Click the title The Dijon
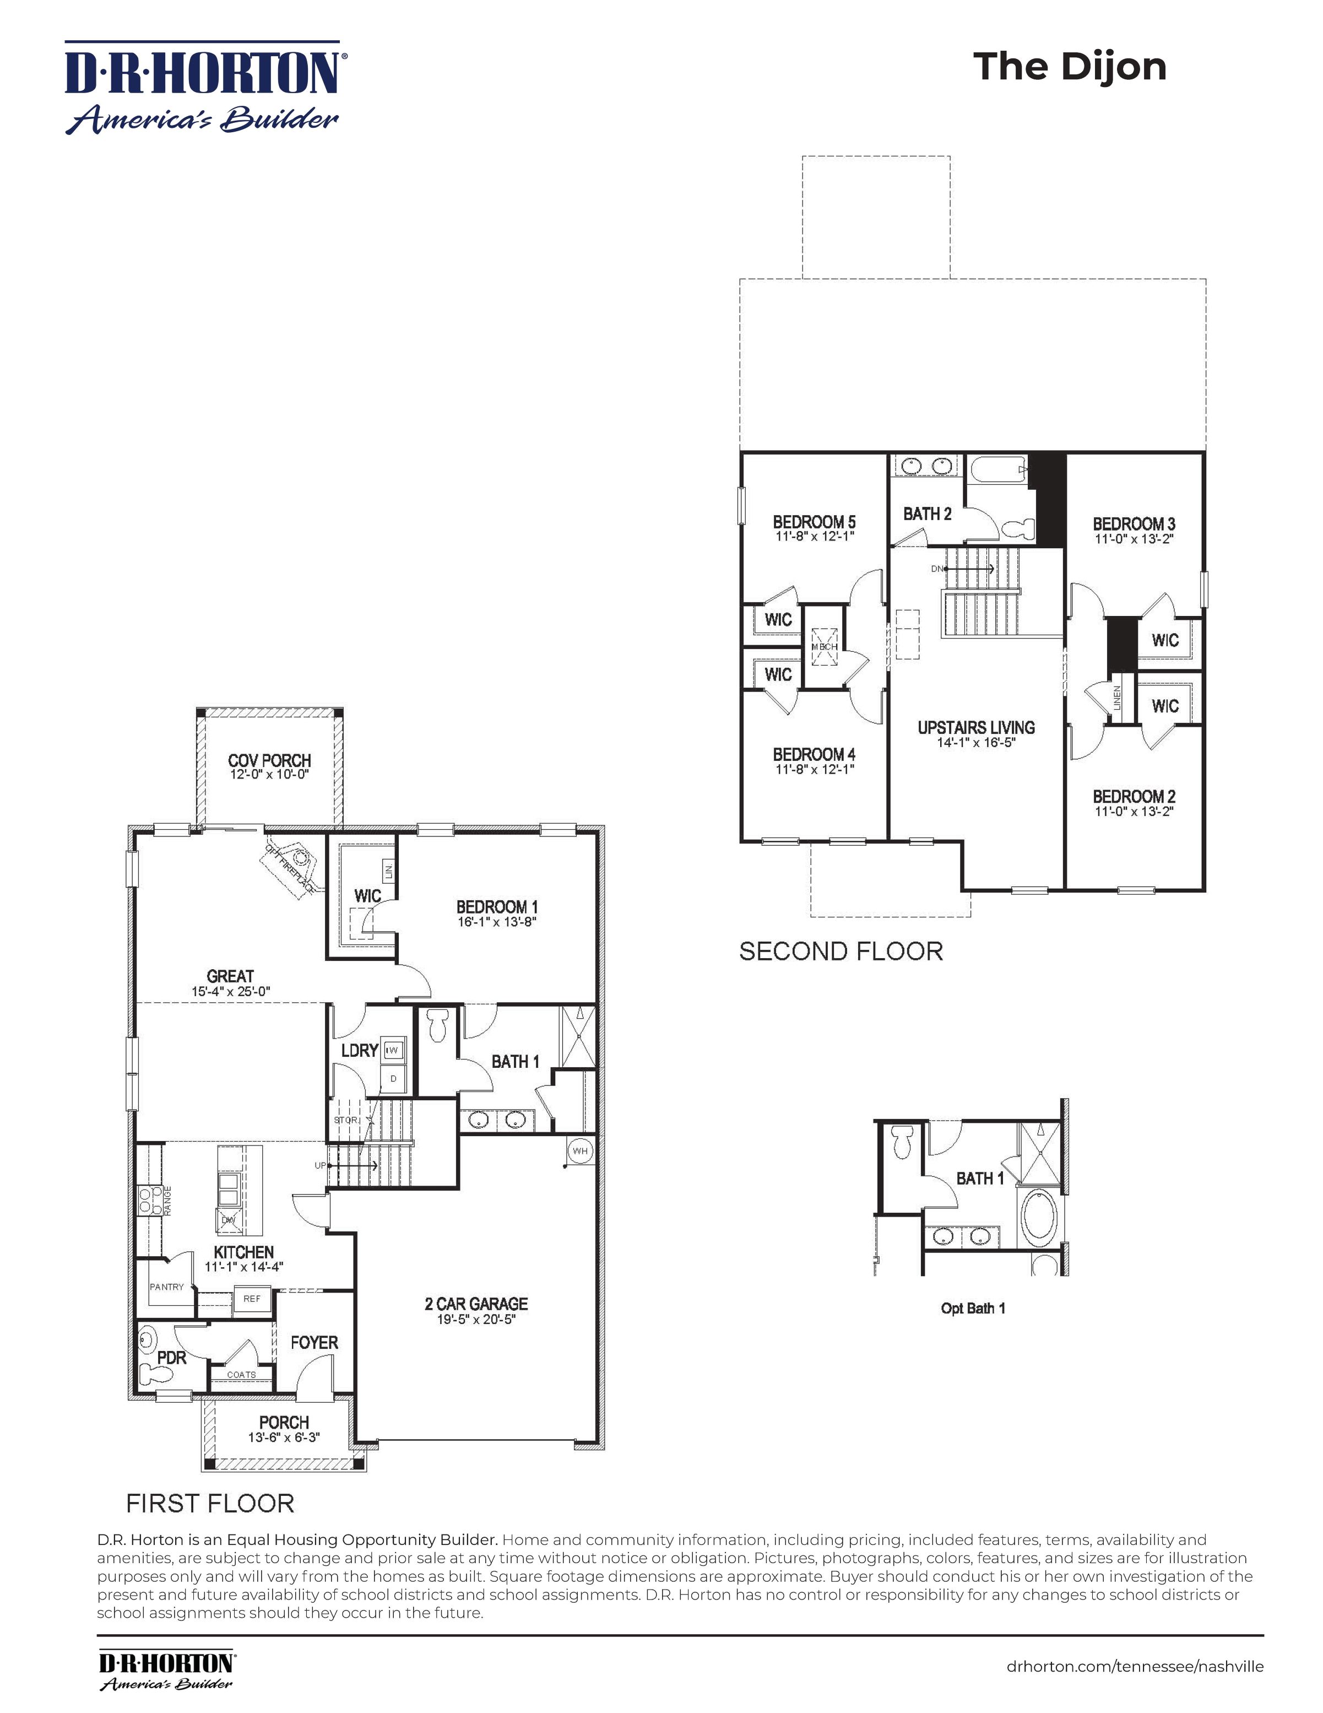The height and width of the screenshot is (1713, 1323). pos(1069,67)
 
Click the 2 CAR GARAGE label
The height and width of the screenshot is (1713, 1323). pos(476,1304)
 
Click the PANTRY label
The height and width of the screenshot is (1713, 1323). pos(167,1287)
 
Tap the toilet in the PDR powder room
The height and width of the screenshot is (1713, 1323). pos(152,1374)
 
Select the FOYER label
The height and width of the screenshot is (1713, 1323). pos(314,1343)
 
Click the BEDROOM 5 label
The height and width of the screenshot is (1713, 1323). pos(814,522)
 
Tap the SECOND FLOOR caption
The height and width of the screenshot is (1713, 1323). pos(841,952)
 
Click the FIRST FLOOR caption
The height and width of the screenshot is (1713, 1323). pos(210,1504)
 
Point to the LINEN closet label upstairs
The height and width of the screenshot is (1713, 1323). pos(1118,698)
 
